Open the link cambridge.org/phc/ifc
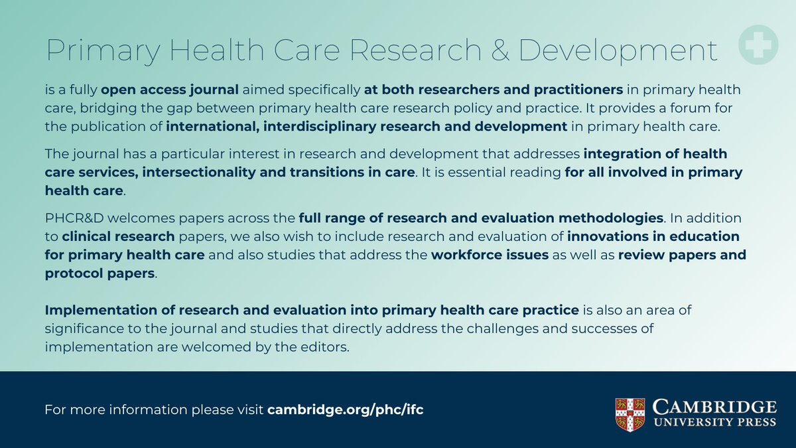(x=345, y=409)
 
